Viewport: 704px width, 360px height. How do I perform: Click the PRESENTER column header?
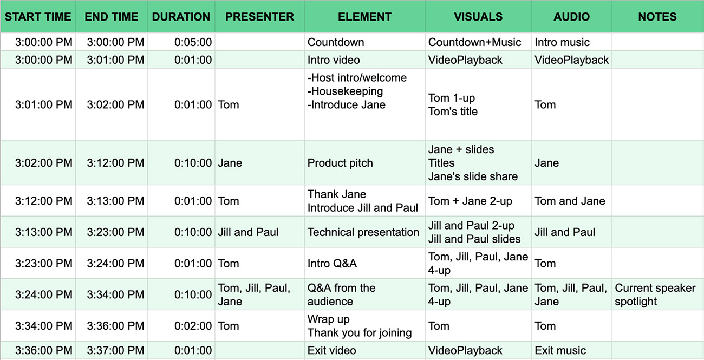[x=259, y=17]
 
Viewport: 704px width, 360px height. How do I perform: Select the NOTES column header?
[x=657, y=17]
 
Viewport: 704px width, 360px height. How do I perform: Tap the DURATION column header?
[x=181, y=17]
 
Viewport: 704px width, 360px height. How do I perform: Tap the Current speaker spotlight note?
[x=655, y=294]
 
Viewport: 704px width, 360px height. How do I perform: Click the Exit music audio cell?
[x=560, y=350]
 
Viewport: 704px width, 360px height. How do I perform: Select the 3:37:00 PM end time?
[x=115, y=350]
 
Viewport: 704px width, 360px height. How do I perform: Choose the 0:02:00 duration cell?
[x=193, y=326]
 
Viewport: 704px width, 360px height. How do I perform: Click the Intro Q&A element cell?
[x=332, y=263]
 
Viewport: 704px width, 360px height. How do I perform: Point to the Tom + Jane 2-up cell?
[x=470, y=201]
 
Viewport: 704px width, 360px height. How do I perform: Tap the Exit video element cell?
[x=331, y=350]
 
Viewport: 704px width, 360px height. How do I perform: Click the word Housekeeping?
[x=347, y=91]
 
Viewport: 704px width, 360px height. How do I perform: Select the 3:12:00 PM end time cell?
[x=115, y=163]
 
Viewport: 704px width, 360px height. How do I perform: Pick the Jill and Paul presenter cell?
[x=248, y=232]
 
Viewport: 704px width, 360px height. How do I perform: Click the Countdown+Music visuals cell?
[x=474, y=42]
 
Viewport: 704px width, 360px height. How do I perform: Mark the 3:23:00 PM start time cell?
[x=44, y=263]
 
